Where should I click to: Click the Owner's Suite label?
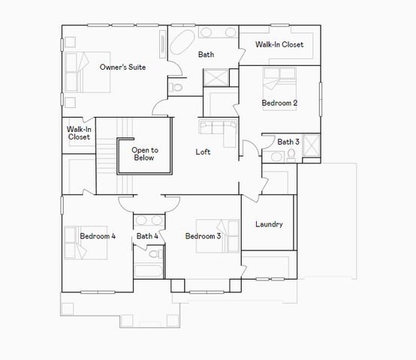coord(122,67)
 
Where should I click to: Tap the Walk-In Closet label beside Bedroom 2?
coord(279,45)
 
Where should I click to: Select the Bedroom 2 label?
coord(280,103)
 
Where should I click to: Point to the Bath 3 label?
coord(288,142)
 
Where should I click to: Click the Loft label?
coord(203,152)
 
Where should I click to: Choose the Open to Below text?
coord(143,154)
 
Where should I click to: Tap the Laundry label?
coord(269,224)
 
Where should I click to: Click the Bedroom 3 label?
coord(203,237)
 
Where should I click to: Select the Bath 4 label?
coord(147,237)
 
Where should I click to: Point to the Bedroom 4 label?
coord(98,237)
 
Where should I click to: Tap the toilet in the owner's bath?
coord(176,87)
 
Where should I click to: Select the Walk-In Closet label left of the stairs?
coord(79,133)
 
